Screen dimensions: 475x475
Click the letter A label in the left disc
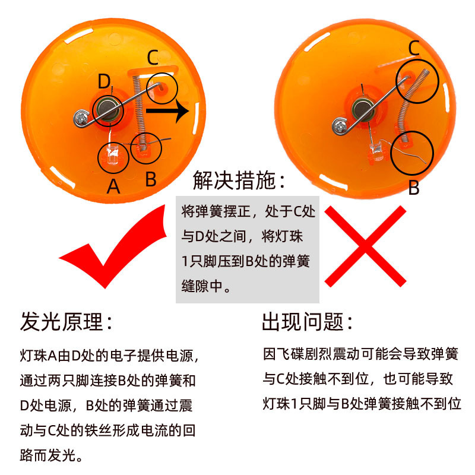tap(113, 186)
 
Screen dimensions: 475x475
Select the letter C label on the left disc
tap(153, 57)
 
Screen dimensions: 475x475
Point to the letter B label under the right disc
tap(414, 188)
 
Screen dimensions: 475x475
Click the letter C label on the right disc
tap(414, 48)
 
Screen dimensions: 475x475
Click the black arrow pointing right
tap(167, 111)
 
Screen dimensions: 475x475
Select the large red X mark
tap(365, 246)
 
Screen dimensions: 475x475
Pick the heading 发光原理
tap(66, 322)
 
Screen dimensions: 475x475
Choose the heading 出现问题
tap(307, 322)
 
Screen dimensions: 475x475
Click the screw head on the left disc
tap(81, 118)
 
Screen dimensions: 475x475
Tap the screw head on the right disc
tap(339, 126)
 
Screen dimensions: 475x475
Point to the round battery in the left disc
tap(107, 110)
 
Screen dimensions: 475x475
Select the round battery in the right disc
tap(363, 109)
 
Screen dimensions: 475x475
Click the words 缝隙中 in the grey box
tap(202, 286)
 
